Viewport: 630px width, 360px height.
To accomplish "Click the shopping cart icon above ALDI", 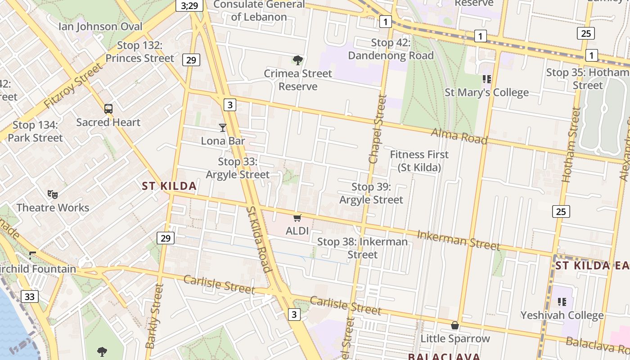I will tap(297, 218).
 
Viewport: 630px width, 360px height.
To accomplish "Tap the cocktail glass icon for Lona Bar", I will tap(223, 128).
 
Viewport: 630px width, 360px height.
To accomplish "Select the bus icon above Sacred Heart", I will tap(108, 108).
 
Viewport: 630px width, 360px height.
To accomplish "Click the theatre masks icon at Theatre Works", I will tap(53, 194).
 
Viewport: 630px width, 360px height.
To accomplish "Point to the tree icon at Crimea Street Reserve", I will tap(297, 60).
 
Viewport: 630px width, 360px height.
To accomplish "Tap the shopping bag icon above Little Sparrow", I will tap(455, 325).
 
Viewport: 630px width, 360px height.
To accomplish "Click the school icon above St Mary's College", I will tap(486, 79).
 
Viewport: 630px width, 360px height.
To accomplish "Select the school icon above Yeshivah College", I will tap(562, 301).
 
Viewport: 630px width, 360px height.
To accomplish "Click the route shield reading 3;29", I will tap(189, 5).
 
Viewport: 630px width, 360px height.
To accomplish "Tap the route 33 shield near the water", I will tap(30, 297).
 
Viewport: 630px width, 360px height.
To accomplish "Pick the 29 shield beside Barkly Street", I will tap(166, 238).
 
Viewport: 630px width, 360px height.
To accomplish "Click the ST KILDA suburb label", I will tap(169, 186).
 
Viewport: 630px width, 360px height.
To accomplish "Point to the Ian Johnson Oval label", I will tap(100, 27).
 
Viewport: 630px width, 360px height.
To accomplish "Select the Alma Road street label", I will tap(459, 136).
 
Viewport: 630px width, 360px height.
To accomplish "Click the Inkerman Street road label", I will tap(458, 240).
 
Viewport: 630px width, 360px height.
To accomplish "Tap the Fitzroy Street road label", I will tap(74, 85).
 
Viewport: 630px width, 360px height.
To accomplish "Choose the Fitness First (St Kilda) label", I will tap(419, 161).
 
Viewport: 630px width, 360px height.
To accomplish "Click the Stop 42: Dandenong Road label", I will tap(391, 49).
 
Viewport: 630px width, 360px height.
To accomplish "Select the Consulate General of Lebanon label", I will tap(259, 11).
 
